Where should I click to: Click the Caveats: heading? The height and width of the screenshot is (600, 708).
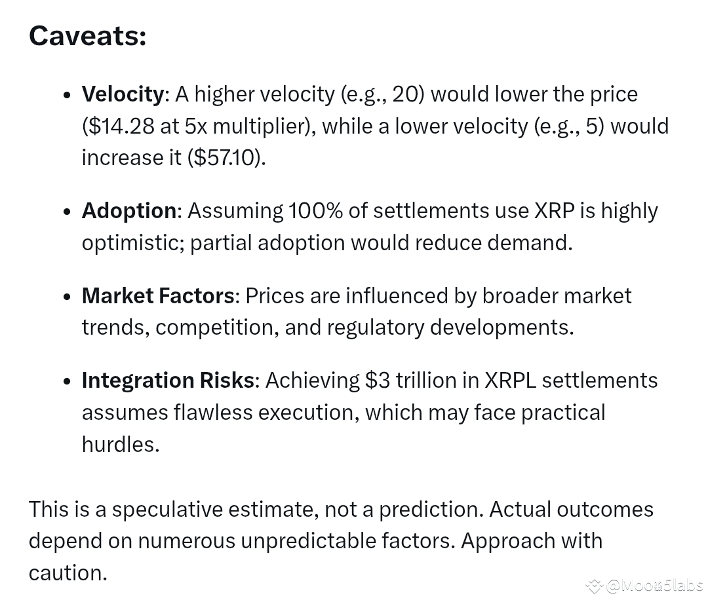click(x=88, y=35)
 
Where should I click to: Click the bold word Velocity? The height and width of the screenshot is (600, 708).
click(x=123, y=95)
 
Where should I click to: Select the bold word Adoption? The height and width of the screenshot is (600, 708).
click(x=129, y=211)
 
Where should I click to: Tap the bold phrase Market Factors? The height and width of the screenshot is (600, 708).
click(x=158, y=296)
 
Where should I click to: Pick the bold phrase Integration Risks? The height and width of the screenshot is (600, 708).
click(x=168, y=381)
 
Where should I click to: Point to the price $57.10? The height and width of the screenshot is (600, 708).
click(x=224, y=158)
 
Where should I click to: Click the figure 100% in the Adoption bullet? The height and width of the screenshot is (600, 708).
click(x=315, y=211)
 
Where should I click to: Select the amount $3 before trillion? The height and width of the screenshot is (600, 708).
click(x=378, y=381)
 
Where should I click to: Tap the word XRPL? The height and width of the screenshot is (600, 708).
click(x=510, y=381)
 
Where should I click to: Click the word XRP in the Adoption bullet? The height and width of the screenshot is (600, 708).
click(x=555, y=211)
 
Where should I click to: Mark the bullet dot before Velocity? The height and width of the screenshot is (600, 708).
click(x=68, y=95)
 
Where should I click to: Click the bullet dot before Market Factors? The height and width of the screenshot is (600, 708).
click(x=68, y=297)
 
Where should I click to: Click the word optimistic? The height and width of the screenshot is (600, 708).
click(x=132, y=243)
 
